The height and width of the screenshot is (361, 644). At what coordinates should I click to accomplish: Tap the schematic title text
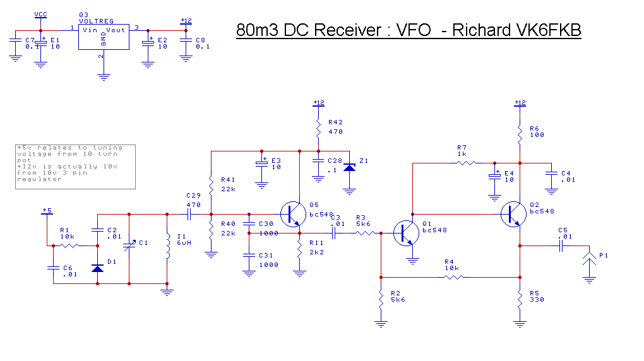[408, 30]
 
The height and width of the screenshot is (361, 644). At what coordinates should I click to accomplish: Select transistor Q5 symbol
[292, 214]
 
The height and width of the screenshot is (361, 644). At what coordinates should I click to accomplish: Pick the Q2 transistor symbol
[513, 214]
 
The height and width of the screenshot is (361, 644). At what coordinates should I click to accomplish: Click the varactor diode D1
[97, 269]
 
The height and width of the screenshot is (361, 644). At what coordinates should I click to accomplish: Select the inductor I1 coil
[167, 246]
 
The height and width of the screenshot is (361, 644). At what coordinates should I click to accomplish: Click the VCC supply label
[40, 14]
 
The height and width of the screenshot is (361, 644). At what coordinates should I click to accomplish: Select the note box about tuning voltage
[75, 166]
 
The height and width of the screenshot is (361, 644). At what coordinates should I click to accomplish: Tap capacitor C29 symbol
[189, 213]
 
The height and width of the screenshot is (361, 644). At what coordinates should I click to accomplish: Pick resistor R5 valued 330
[520, 300]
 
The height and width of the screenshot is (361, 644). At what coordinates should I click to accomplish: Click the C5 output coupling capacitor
[561, 246]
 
